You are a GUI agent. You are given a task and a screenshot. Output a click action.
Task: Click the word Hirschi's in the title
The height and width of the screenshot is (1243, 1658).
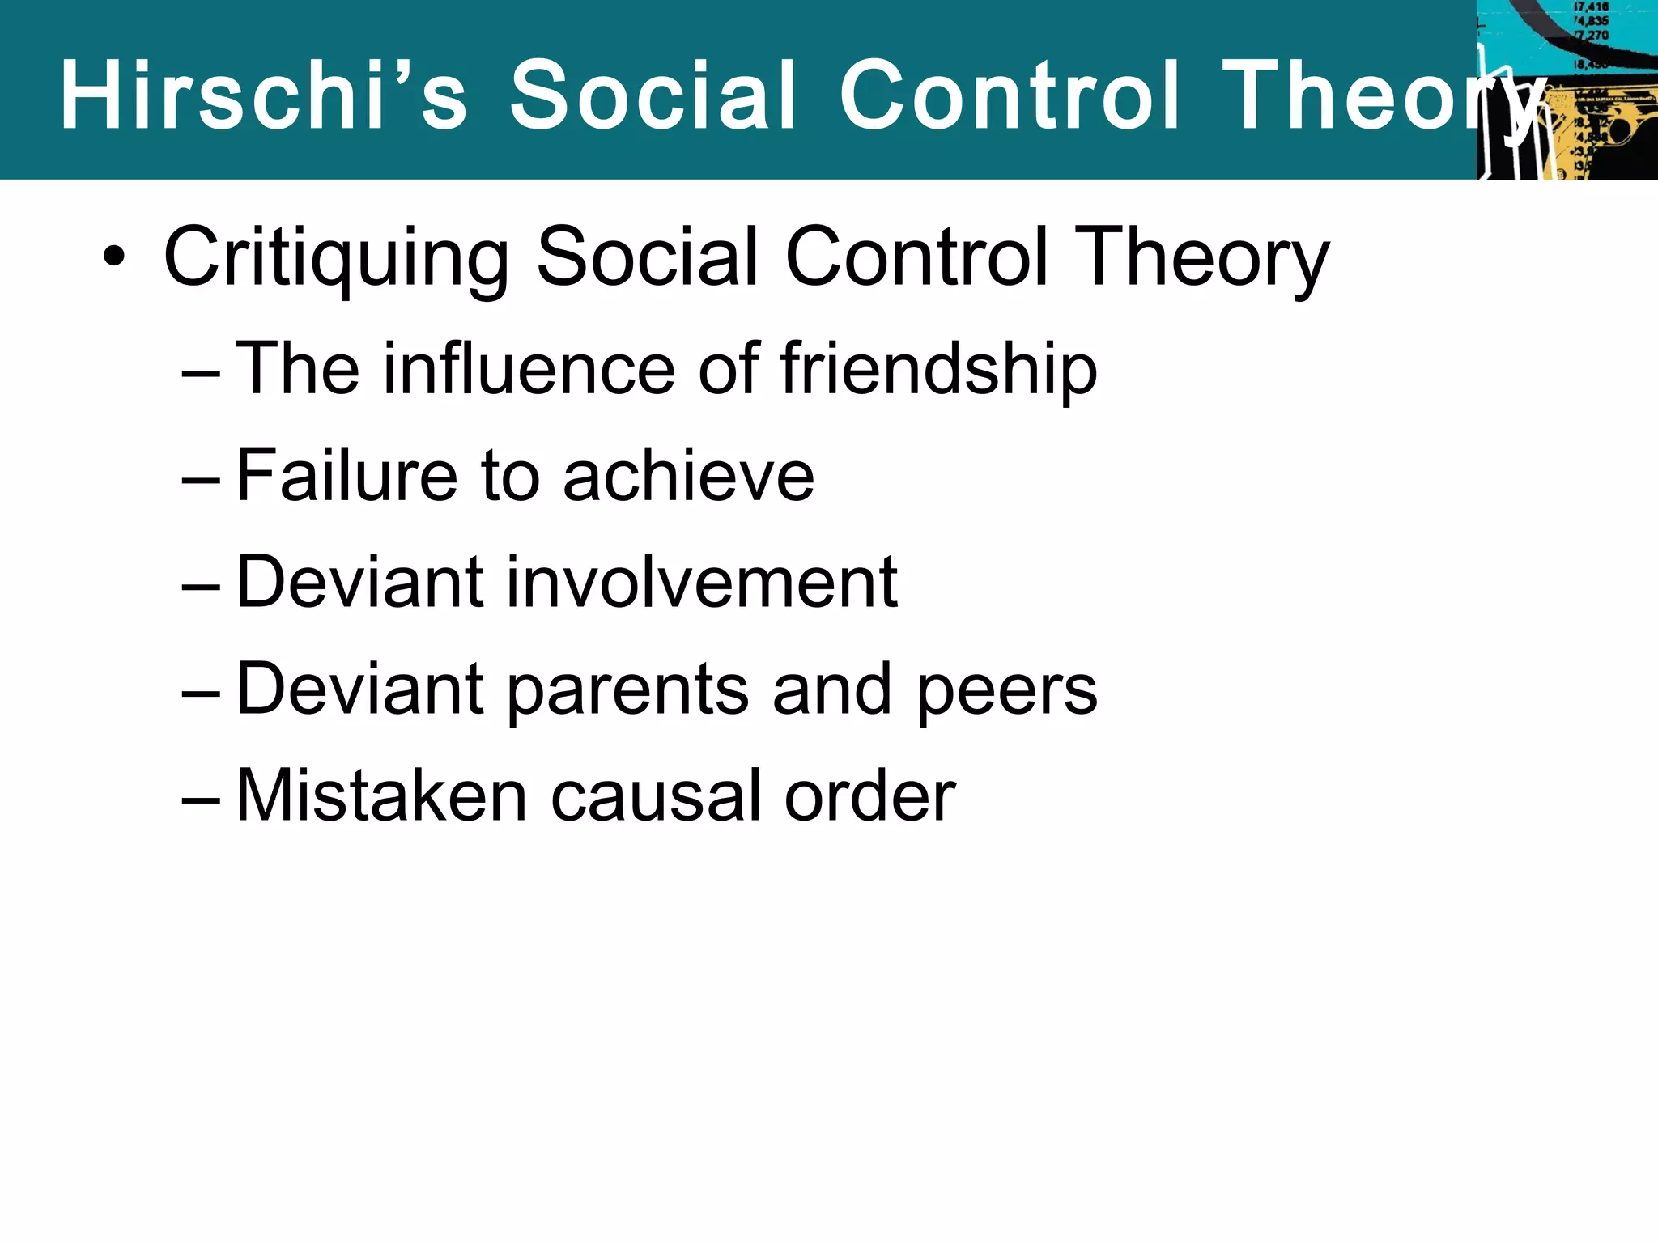pos(264,95)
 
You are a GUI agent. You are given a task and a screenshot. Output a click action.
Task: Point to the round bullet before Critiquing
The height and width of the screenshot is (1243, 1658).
pos(114,258)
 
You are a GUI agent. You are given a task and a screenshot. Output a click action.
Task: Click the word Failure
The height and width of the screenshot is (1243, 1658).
pos(347,476)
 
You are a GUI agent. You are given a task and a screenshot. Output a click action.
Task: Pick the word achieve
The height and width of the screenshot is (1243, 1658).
pos(689,476)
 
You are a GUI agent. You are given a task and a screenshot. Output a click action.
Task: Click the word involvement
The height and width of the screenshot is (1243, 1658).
pos(702,582)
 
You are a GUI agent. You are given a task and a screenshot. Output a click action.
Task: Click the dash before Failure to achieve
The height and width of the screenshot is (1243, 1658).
pos(201,479)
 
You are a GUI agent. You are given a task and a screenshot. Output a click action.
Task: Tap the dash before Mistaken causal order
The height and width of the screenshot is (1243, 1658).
pos(201,800)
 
